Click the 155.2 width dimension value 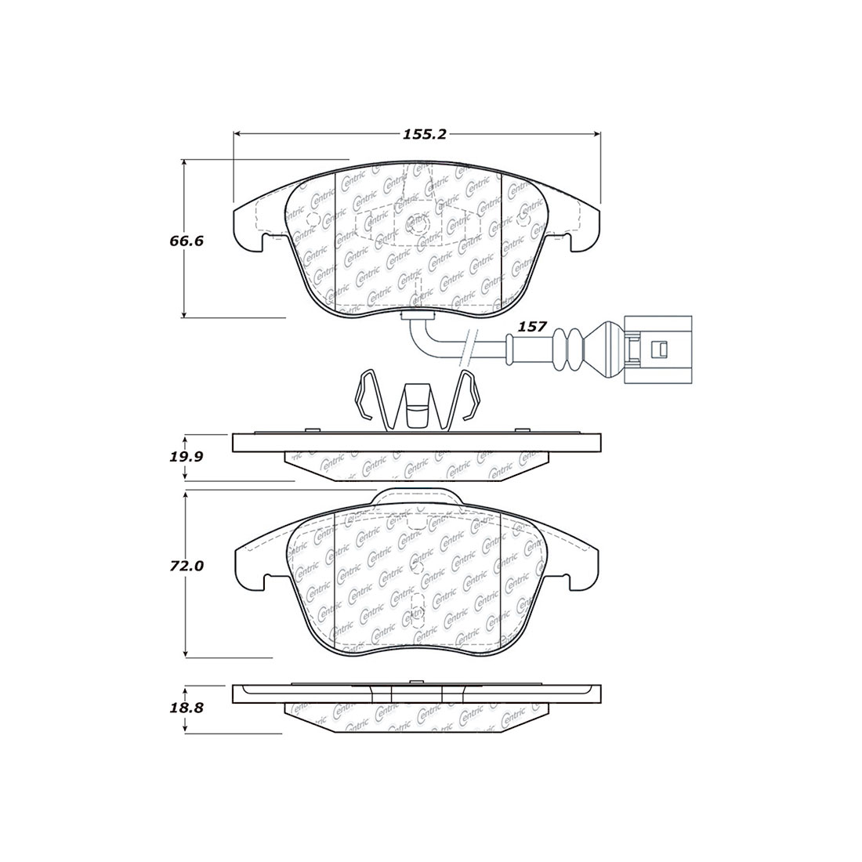tap(424, 135)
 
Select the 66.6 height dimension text tap(187, 241)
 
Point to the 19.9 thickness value tap(187, 455)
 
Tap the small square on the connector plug tap(661, 348)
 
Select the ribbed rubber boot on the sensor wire tap(568, 350)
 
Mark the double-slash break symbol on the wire tap(468, 348)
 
